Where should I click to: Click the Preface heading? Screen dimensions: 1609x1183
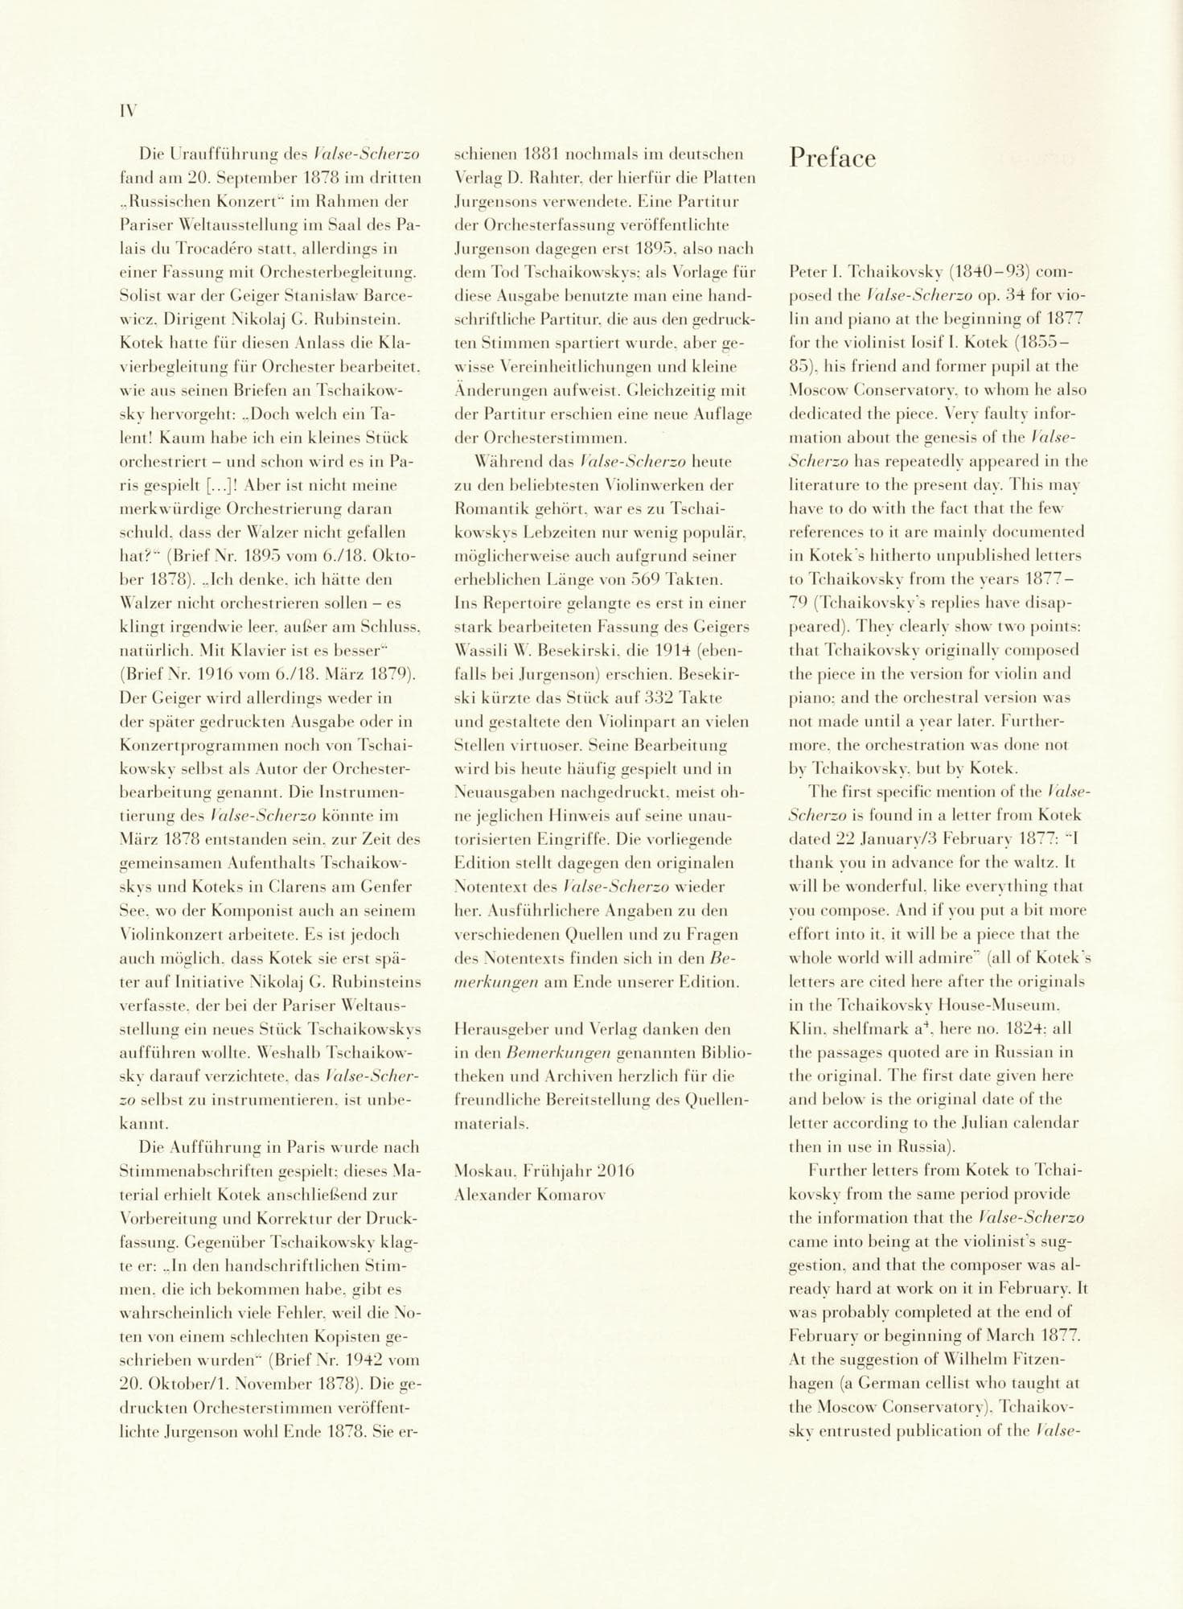click(832, 158)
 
